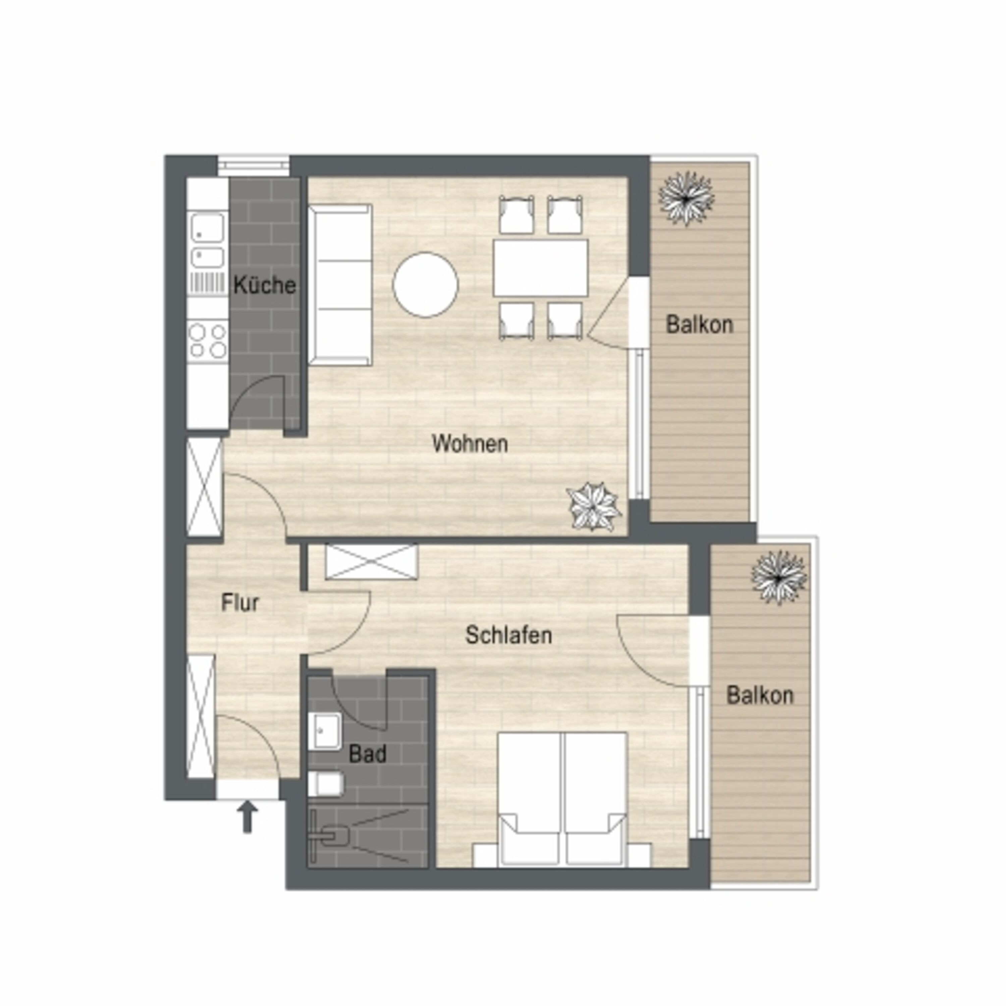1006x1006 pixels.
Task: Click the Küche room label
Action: click(x=265, y=285)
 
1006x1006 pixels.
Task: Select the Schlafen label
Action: click(x=508, y=635)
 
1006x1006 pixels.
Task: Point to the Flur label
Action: click(x=240, y=603)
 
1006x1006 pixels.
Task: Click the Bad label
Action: click(x=368, y=753)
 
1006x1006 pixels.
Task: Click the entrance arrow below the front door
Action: click(x=248, y=817)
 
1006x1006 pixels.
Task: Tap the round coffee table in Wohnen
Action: click(x=426, y=285)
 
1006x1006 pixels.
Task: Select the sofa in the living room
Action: click(x=339, y=285)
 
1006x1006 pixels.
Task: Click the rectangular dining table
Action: click(x=541, y=268)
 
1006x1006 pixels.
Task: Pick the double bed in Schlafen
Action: click(x=562, y=799)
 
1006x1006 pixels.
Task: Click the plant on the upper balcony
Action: click(x=686, y=199)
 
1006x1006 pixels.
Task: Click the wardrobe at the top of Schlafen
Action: click(x=371, y=561)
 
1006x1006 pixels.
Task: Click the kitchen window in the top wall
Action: click(x=254, y=166)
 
